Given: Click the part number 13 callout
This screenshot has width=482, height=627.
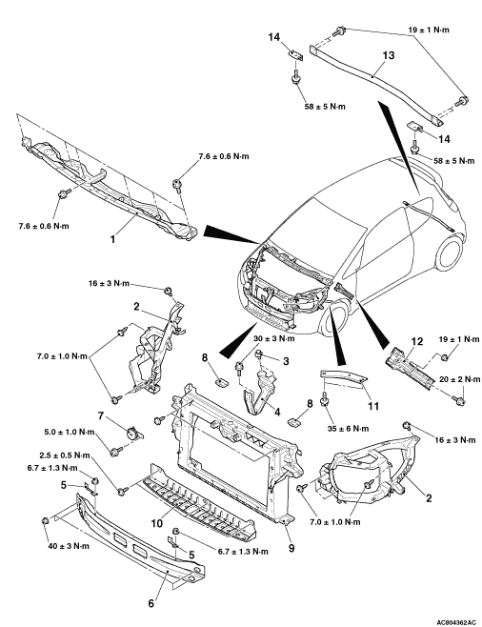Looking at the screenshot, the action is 388,55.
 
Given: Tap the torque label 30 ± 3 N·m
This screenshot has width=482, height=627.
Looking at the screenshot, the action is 274,338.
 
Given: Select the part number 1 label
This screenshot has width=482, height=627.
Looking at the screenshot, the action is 112,239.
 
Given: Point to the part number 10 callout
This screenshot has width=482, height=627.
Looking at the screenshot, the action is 157,523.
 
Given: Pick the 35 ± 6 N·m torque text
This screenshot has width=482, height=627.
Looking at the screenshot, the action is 348,429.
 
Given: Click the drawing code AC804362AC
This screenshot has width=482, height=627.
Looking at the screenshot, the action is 456,622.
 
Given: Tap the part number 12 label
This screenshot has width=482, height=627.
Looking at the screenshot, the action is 416,341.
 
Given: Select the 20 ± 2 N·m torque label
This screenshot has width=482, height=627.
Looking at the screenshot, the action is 459,379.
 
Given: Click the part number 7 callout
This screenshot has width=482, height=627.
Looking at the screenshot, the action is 101,416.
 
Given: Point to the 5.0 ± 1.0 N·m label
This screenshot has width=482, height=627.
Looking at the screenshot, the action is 70,433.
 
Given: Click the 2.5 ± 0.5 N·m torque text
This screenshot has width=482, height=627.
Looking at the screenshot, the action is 65,455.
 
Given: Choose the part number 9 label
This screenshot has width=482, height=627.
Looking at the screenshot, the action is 291,548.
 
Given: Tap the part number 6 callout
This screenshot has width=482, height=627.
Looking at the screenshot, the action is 151,603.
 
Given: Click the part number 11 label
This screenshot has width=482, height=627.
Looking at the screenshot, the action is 372,406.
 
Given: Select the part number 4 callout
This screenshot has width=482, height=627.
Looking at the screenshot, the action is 277,412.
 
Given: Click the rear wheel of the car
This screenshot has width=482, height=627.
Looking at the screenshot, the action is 452,255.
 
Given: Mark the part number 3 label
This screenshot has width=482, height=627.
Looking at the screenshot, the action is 286,361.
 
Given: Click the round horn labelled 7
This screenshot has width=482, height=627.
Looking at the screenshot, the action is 131,434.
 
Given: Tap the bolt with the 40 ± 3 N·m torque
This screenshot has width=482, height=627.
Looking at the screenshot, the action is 45,521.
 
